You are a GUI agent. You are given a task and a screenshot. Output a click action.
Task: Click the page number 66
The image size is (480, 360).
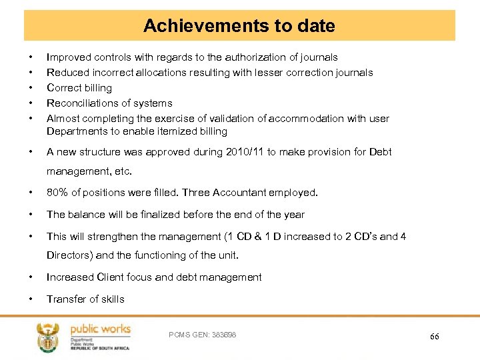point(434,337)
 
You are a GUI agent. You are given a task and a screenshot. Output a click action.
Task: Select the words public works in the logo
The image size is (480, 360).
point(101,329)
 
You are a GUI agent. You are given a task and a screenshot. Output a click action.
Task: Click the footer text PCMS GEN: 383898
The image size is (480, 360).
point(203,334)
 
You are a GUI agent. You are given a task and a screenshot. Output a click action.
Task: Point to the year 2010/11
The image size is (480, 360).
point(245,152)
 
